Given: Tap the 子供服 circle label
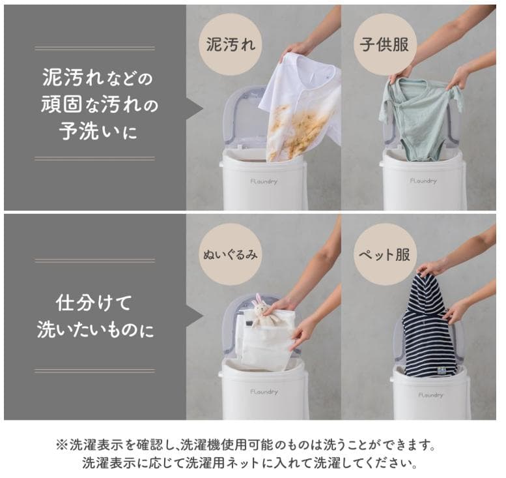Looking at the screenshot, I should click(385, 44).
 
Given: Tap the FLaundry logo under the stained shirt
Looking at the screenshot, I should click(263, 182).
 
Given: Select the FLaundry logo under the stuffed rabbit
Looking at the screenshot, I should click(264, 392).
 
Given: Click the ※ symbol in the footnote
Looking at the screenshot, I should click(62, 446).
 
